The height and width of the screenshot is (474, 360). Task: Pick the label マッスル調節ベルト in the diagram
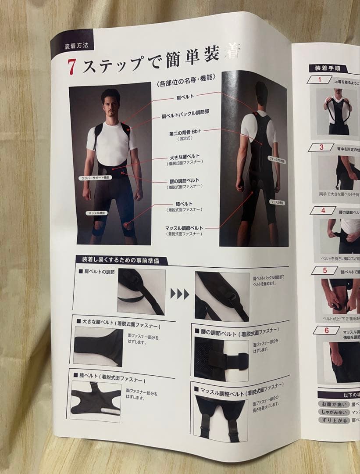click(184, 228)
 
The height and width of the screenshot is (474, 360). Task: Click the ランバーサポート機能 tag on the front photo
click(96, 178)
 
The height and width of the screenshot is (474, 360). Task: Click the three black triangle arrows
click(180, 294)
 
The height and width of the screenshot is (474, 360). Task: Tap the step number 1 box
click(319, 79)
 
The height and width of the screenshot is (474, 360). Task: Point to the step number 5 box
click(324, 270)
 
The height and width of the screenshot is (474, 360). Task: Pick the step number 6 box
click(326, 330)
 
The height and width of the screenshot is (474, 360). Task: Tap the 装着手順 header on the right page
click(328, 68)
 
